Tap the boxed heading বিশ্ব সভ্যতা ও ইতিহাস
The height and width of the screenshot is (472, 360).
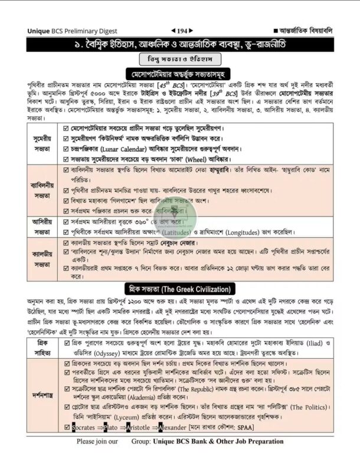[179, 60]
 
